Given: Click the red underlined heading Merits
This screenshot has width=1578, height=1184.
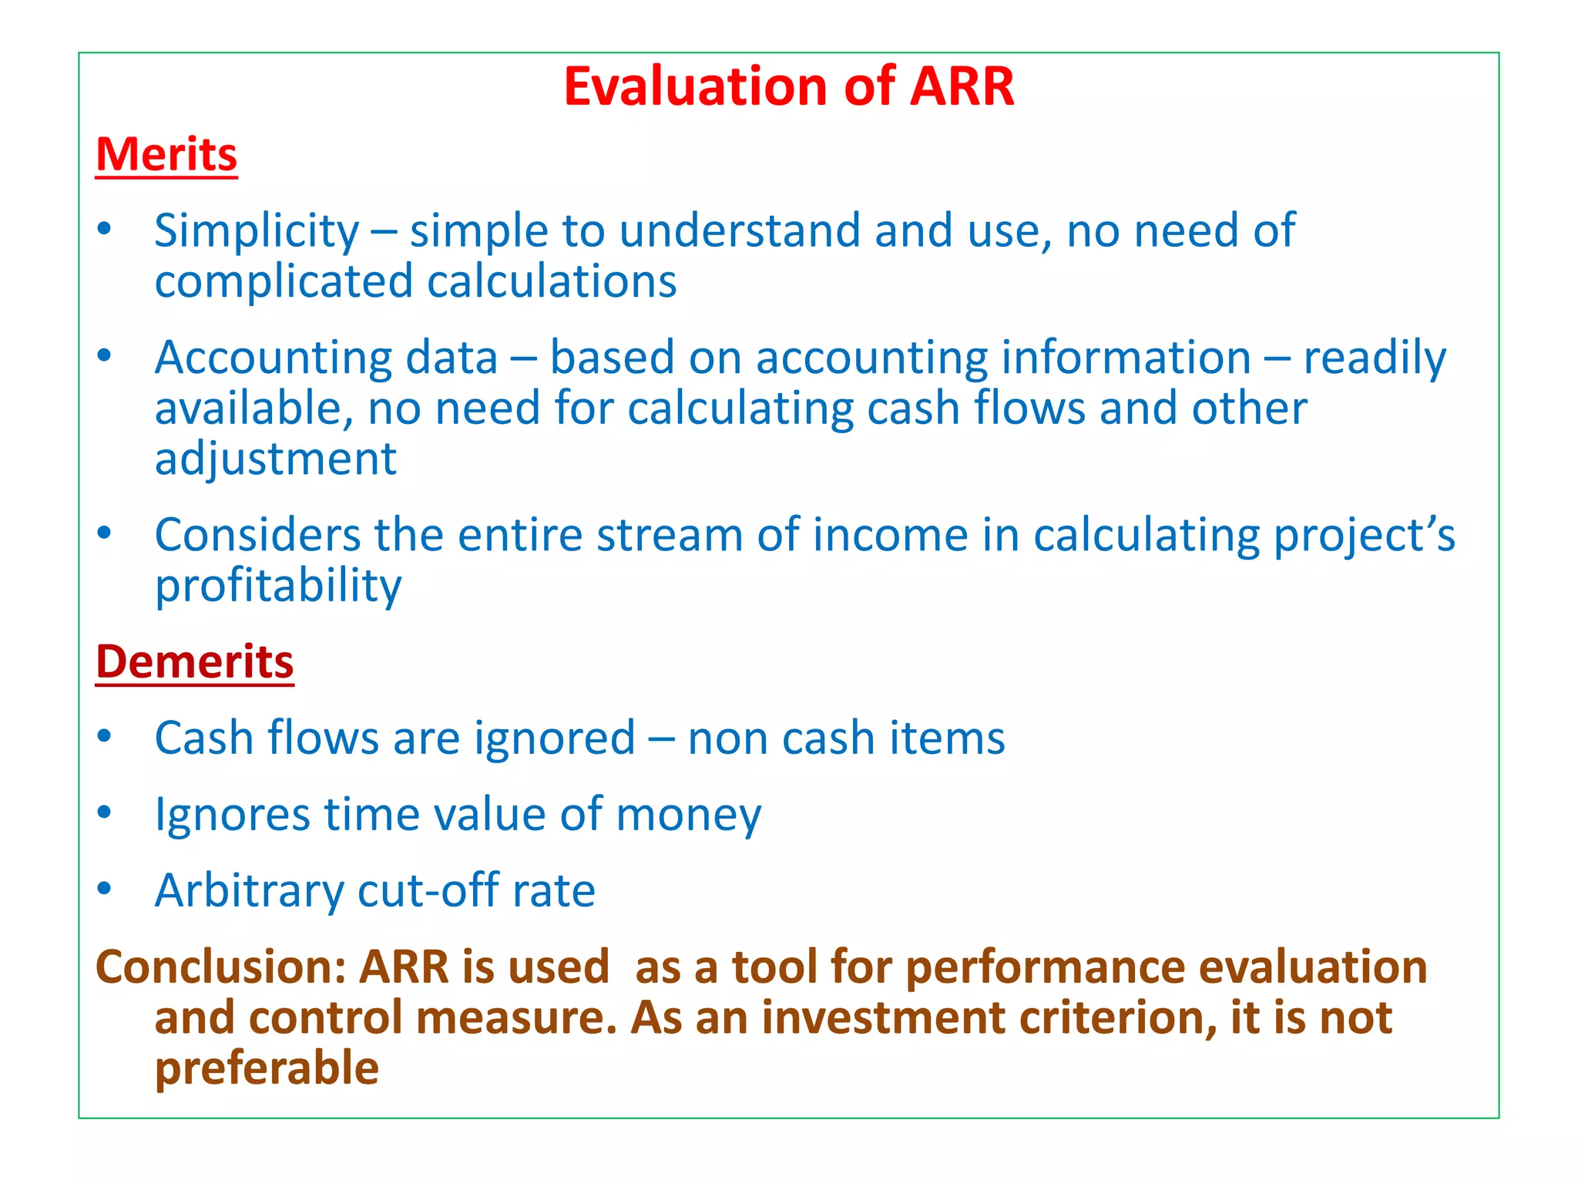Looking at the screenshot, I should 166,154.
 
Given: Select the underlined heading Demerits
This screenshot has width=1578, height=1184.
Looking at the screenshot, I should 194,661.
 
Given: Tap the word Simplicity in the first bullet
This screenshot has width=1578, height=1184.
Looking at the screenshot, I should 257,231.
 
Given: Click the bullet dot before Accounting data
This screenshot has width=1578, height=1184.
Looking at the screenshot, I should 105,355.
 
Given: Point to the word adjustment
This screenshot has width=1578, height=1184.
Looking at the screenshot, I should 275,459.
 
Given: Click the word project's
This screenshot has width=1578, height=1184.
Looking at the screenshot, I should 1364,536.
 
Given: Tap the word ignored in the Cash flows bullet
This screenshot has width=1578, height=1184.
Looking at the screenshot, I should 554,738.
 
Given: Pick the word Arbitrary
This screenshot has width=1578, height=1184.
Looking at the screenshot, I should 249,891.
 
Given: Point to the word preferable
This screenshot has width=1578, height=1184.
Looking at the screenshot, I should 267,1068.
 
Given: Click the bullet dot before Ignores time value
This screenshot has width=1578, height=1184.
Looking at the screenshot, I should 105,812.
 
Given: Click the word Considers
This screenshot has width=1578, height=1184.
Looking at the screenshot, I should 257,535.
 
